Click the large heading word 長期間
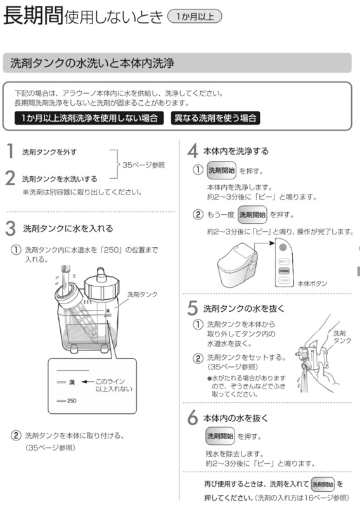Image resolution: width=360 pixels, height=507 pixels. tap(33, 17)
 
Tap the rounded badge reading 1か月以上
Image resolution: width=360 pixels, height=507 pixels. tap(195, 17)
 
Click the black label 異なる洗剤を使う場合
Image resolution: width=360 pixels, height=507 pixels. tap(217, 118)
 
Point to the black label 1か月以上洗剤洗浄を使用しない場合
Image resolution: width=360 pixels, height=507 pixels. tap(89, 118)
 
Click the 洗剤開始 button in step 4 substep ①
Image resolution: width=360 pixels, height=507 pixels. tap(222, 170)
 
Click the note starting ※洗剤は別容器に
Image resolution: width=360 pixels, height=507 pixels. tap(82, 192)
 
